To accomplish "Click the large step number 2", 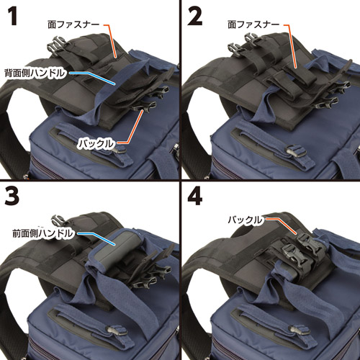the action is pos(194,16).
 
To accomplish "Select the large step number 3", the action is pos(12,196).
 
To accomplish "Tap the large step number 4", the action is pos(195,196).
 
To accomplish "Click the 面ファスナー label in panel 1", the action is pos(73,24).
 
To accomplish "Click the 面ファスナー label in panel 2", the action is pos(253,24).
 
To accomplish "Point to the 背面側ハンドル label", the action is pos(35,73).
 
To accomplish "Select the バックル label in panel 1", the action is pos(96,144).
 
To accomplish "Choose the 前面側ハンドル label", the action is pos(42,233).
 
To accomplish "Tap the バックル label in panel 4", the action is pos(245,220).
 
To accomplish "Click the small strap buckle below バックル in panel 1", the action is pos(120,150).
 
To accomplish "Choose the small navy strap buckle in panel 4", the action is pos(300,330).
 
